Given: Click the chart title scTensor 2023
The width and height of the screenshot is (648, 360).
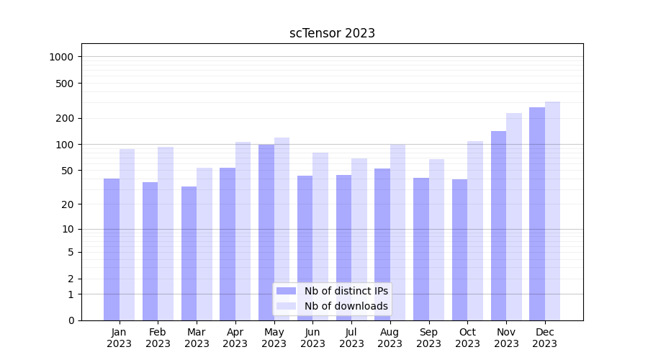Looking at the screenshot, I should click(x=332, y=33).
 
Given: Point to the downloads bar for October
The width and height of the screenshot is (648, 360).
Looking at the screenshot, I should click(x=475, y=230).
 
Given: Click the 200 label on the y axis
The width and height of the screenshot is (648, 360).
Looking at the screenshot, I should click(x=66, y=118).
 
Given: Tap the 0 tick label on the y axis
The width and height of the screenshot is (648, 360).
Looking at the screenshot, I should click(x=71, y=320).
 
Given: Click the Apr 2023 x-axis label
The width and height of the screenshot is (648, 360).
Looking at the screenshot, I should click(x=235, y=338).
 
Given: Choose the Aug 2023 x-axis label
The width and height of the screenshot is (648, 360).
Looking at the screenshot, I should click(x=390, y=338).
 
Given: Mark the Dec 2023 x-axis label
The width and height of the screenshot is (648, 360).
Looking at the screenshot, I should click(x=545, y=338).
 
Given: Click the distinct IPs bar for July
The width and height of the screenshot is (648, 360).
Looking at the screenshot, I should click(x=343, y=248).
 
